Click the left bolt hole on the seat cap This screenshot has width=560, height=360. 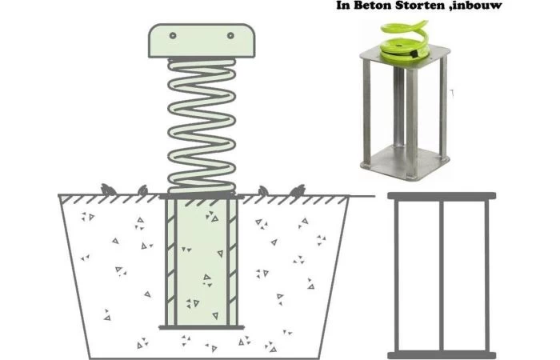point(173,35)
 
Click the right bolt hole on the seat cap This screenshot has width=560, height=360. point(230,35)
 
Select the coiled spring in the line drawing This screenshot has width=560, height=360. point(202,126)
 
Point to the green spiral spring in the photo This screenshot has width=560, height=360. point(404,40)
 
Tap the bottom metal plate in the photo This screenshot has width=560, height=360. point(405,163)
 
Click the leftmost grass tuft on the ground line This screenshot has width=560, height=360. point(107,190)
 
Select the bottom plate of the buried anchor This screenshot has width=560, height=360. point(202,327)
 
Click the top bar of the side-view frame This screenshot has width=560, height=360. point(442,196)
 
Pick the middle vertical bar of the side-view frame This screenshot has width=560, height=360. point(442,276)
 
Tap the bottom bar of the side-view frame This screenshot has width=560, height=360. point(442,356)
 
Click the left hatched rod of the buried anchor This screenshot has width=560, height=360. point(170,262)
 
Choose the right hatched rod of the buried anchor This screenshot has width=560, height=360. point(232,262)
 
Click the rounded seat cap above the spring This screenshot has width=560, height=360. point(202,41)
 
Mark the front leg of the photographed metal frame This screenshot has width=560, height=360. point(412,123)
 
